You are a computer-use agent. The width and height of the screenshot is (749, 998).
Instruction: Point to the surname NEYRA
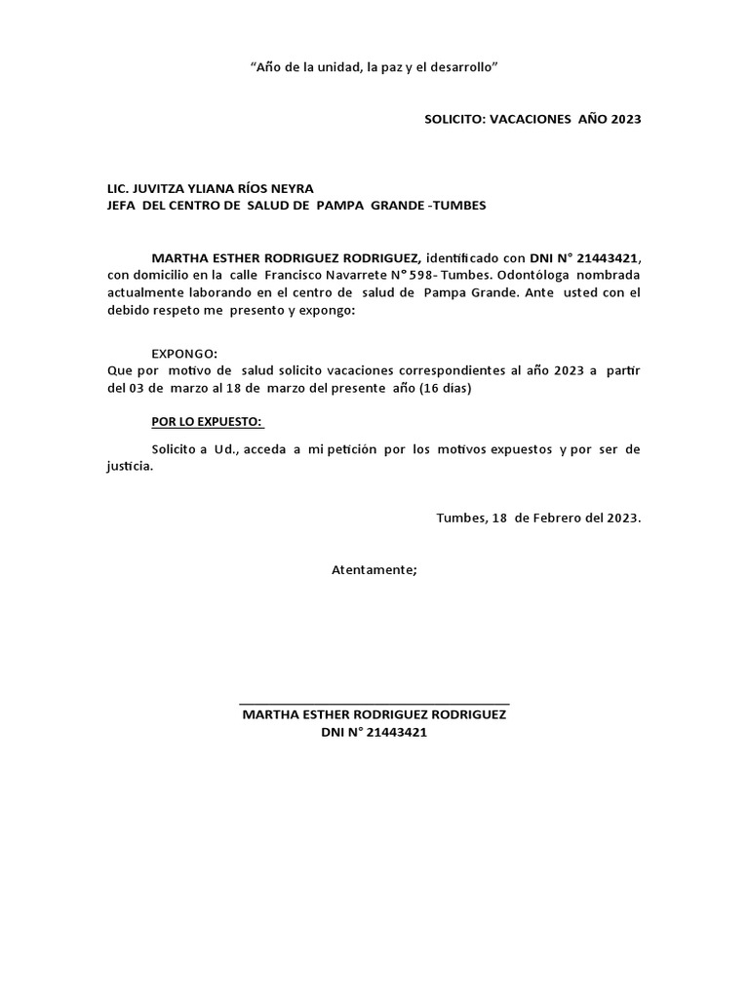coord(290,188)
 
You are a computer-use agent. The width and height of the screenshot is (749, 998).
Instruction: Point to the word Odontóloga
coord(527,275)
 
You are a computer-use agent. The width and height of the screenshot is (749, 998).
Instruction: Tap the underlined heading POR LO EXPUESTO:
coord(208,422)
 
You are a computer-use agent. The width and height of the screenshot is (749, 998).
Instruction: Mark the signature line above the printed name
coord(374,703)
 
